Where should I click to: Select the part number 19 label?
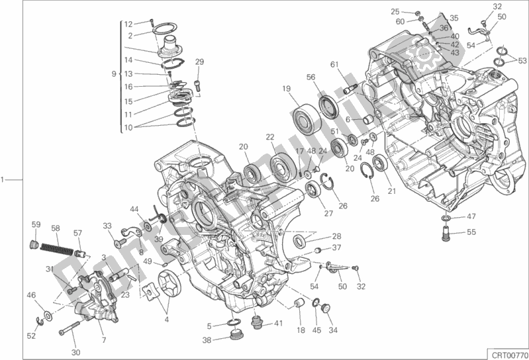pyautogui.click(x=286, y=89)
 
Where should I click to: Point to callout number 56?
pyautogui.click(x=311, y=77)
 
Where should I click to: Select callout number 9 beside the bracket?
pyautogui.click(x=114, y=73)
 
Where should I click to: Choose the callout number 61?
pyautogui.click(x=335, y=64)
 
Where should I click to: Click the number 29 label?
pyautogui.click(x=199, y=62)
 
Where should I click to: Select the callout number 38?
pyautogui.click(x=207, y=341)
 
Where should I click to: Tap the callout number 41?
pyautogui.click(x=278, y=324)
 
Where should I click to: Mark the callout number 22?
pyautogui.click(x=270, y=137)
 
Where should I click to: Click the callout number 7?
pyautogui.click(x=104, y=322)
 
